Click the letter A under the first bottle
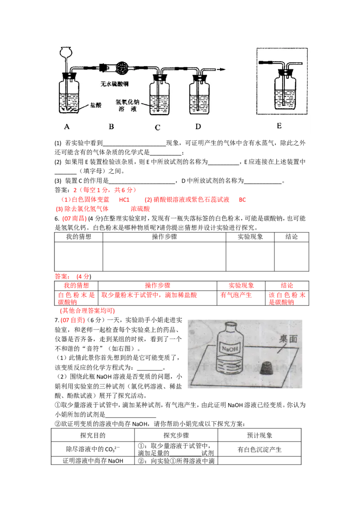[x=67, y=127]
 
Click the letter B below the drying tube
[x=111, y=127]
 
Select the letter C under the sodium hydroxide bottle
[x=157, y=128]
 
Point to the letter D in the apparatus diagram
[x=198, y=127]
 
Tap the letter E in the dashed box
[x=279, y=126]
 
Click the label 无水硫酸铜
[x=118, y=84]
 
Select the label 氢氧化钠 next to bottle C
[x=129, y=103]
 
